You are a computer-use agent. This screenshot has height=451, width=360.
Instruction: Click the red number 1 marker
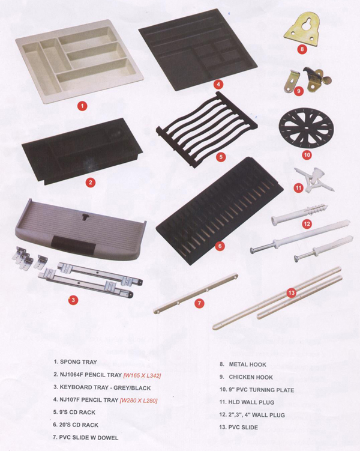(82, 106)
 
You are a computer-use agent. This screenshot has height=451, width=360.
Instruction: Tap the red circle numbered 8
(302, 49)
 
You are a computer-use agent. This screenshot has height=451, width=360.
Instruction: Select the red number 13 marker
(291, 293)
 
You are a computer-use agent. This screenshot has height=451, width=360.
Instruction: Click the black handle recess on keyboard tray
(74, 244)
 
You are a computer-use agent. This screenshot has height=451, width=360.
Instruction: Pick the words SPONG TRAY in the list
(78, 362)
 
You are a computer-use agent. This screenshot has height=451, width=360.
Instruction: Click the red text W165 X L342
(142, 375)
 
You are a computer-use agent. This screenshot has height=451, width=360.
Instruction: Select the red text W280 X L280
(139, 401)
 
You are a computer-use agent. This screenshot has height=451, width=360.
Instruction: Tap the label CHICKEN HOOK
(251, 377)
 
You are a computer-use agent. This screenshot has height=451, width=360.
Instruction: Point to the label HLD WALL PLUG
(251, 402)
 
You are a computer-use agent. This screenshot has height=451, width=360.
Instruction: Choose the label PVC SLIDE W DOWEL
(88, 438)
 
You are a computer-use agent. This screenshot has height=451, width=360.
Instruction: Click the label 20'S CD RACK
(79, 425)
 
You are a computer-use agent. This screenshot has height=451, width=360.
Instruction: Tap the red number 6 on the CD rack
(220, 246)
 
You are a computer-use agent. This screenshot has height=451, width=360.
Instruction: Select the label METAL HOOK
(247, 365)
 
